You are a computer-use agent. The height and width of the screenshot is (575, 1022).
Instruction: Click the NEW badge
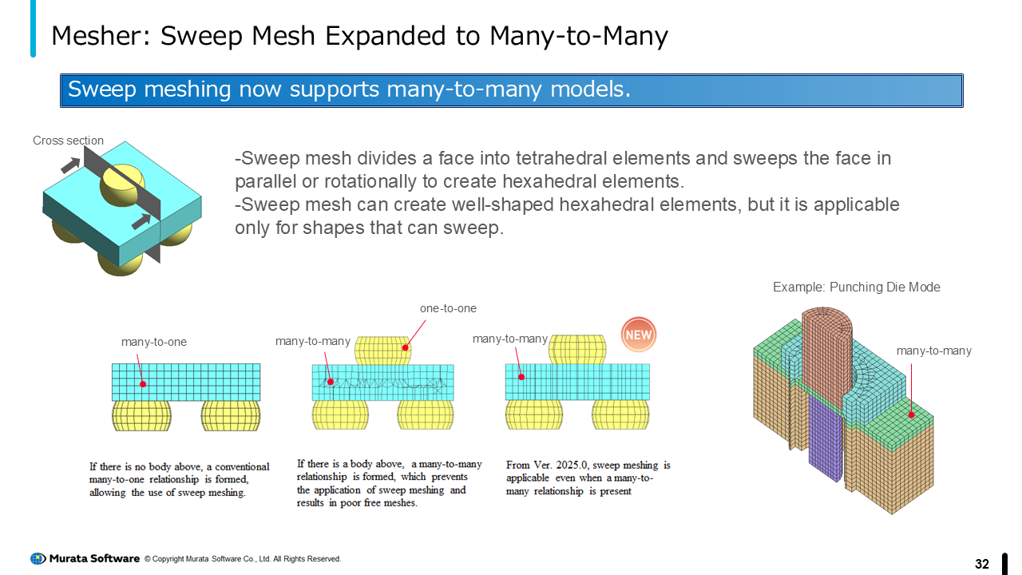(x=639, y=335)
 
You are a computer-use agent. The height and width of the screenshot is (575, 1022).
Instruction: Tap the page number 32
(x=982, y=565)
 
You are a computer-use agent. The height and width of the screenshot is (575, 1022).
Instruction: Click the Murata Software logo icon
(x=38, y=559)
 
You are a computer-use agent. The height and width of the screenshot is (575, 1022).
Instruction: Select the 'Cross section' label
(x=68, y=141)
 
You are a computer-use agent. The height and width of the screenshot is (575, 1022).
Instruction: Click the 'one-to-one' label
(x=448, y=308)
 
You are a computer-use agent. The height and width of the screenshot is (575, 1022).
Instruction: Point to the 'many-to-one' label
(x=153, y=342)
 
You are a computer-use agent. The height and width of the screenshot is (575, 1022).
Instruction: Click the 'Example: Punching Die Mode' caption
(x=856, y=287)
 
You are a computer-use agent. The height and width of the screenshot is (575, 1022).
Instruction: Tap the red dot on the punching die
(x=911, y=414)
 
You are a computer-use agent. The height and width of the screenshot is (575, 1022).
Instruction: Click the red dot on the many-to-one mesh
(x=144, y=384)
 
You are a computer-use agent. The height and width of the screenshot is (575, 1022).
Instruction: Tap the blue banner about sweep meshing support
(x=511, y=90)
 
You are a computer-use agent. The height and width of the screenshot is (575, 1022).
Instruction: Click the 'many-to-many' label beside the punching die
(x=933, y=351)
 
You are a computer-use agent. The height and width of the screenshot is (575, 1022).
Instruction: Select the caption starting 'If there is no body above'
(x=179, y=479)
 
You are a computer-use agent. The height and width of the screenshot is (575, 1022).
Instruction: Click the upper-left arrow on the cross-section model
(x=70, y=165)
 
